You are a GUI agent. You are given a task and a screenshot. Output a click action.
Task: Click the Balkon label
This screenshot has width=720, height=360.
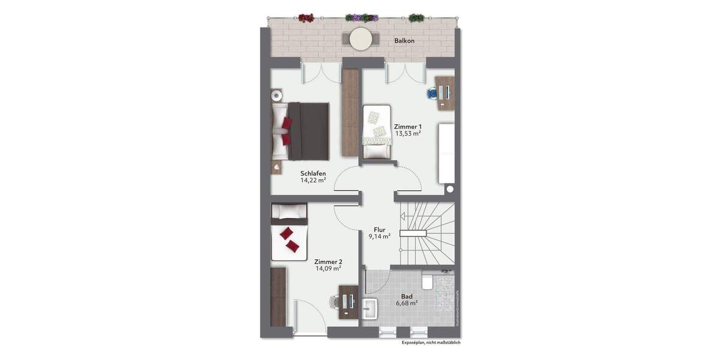(x=404, y=41)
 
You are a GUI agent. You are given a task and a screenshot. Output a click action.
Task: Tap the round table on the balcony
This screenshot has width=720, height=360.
(x=361, y=39)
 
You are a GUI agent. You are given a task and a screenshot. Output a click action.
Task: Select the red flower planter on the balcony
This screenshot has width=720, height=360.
(x=306, y=18)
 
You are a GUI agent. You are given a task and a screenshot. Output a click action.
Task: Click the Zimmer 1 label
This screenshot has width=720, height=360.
(x=407, y=127)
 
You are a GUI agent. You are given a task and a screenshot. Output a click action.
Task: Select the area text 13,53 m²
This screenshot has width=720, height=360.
(x=407, y=134)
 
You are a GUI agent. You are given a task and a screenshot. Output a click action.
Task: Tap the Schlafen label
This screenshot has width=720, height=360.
(x=313, y=173)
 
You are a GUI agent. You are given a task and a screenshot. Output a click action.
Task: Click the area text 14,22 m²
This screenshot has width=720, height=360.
(x=313, y=180)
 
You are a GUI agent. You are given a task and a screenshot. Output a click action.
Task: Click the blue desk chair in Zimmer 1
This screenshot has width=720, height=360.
(x=432, y=93)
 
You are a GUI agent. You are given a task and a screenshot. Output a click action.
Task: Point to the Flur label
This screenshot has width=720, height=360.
(x=379, y=229)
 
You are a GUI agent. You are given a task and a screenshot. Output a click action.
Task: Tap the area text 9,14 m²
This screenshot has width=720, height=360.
(x=379, y=236)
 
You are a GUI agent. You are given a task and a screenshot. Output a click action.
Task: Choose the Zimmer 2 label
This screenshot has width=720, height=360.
(x=328, y=262)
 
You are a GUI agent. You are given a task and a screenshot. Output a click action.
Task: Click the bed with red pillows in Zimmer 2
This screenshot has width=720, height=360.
(x=289, y=234)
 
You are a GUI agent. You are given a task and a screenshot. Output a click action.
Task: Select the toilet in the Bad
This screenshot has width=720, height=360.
(x=428, y=281)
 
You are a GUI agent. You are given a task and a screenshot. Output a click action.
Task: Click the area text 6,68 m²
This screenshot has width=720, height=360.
(x=407, y=303)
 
